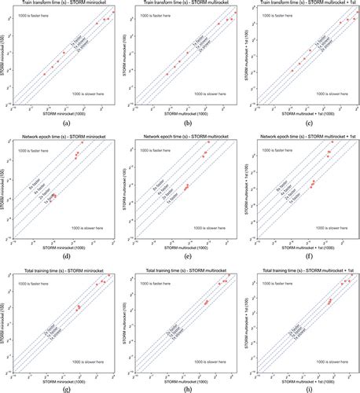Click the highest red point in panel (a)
click(x=113, y=13)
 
